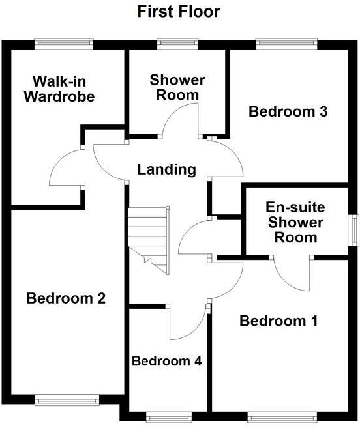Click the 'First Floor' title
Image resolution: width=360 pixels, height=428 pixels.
pyautogui.click(x=178, y=11)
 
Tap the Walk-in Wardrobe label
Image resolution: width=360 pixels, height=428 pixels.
pyautogui.click(x=60, y=90)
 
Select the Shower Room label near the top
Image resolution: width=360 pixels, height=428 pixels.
pyautogui.click(x=177, y=87)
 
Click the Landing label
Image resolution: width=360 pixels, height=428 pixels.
pyautogui.click(x=167, y=169)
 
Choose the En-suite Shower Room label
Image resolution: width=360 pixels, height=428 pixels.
pyautogui.click(x=295, y=222)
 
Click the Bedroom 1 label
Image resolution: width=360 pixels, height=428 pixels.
pyautogui.click(x=278, y=321)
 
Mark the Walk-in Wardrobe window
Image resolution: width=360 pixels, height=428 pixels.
pyautogui.click(x=64, y=44)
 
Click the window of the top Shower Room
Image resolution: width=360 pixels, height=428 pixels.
pyautogui.click(x=177, y=44)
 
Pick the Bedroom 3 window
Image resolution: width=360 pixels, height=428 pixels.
pyautogui.click(x=286, y=44)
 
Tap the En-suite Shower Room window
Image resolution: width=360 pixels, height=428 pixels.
pyautogui.click(x=355, y=231)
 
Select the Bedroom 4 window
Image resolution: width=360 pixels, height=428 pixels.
pyautogui.click(x=168, y=417)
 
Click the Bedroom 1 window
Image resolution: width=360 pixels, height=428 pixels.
pyautogui.click(x=282, y=417)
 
